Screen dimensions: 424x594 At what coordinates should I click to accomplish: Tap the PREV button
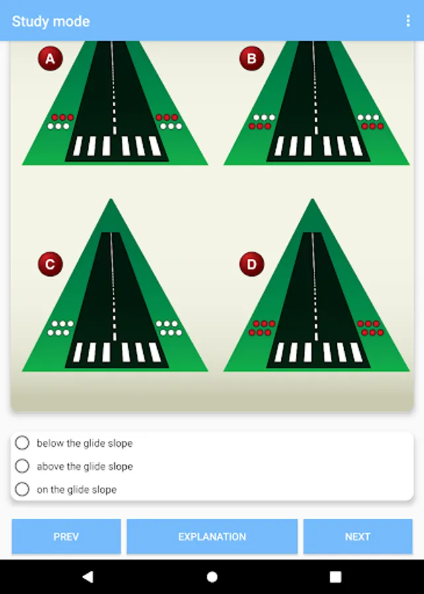66,537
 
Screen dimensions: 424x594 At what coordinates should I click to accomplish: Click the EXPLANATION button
212,537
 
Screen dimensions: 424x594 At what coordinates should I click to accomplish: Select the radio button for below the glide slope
22,442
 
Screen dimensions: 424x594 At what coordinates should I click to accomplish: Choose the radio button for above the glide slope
22,466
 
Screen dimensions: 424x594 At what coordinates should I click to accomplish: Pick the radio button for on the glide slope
22,489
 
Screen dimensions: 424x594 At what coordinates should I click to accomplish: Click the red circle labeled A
50,58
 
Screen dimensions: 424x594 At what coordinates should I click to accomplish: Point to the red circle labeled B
252,58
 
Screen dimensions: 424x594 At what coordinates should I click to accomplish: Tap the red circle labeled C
50,264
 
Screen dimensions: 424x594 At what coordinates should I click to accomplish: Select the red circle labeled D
252,264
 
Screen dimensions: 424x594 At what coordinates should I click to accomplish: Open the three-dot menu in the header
408,21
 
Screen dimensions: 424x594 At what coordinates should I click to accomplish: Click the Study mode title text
51,21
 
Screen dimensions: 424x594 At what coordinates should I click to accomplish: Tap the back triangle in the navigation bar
88,577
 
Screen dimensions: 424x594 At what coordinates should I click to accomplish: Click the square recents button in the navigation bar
336,577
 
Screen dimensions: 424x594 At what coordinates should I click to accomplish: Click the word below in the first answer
50,443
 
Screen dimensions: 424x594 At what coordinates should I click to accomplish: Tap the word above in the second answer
51,467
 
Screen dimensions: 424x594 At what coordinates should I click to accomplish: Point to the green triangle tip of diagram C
111,199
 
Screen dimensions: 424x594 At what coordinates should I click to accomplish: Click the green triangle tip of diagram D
312,199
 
